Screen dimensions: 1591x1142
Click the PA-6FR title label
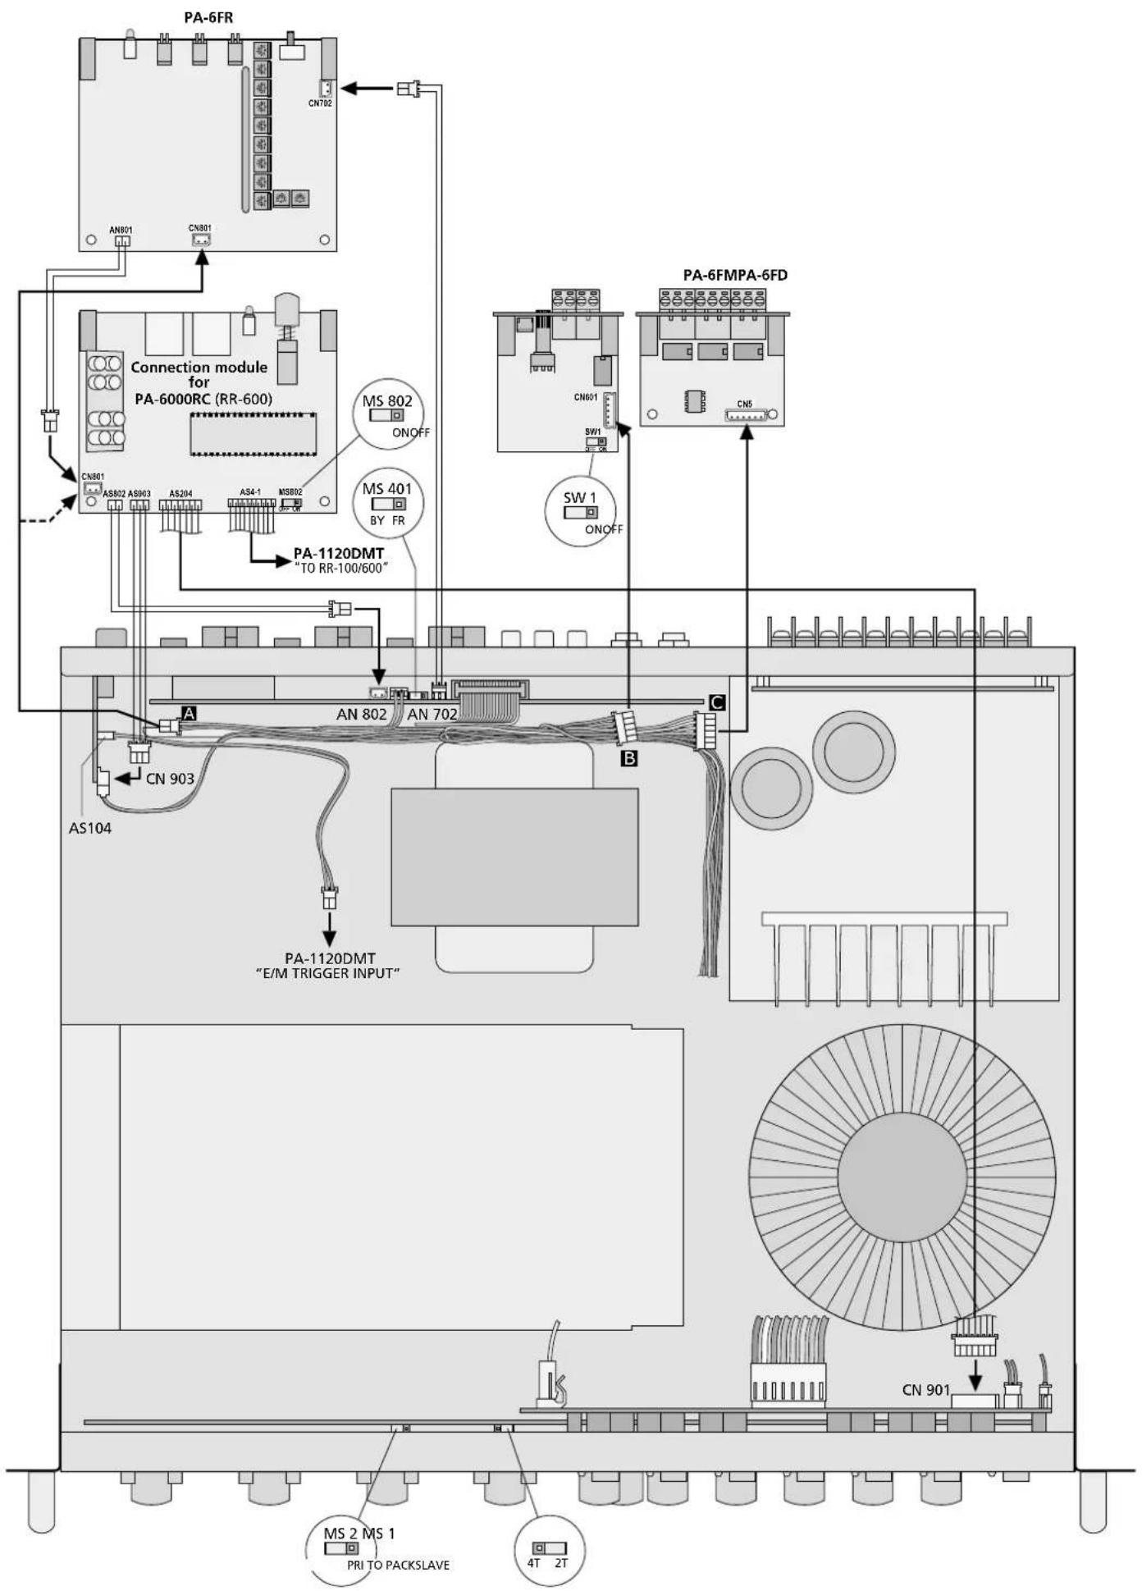pyautogui.click(x=209, y=16)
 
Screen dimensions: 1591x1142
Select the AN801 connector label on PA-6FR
pyautogui.click(x=121, y=231)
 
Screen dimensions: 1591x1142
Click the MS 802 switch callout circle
pyautogui.click(x=387, y=415)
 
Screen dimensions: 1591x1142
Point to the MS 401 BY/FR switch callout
pyautogui.click(x=387, y=504)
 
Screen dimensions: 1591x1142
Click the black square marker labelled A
pyautogui.click(x=189, y=713)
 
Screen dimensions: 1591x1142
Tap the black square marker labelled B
pyautogui.click(x=629, y=758)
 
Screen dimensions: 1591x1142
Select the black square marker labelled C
pyautogui.click(x=716, y=702)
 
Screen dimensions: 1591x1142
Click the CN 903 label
pyautogui.click(x=170, y=778)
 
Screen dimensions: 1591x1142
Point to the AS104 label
pyautogui.click(x=90, y=828)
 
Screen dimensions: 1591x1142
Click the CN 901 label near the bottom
pyautogui.click(x=925, y=1389)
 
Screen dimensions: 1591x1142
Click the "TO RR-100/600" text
pyautogui.click(x=340, y=569)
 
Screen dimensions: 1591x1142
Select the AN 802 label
pyautogui.click(x=361, y=714)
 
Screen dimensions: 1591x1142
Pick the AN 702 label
pyautogui.click(x=432, y=714)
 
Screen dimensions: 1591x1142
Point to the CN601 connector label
pyautogui.click(x=586, y=397)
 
